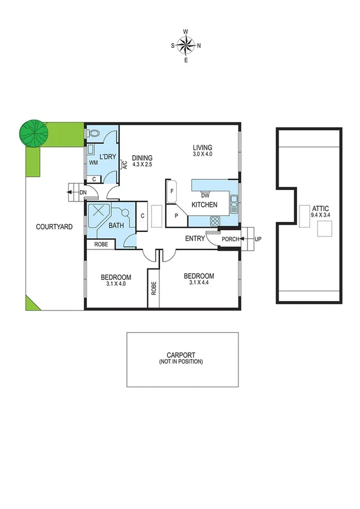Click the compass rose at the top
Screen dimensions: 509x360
[x=186, y=45]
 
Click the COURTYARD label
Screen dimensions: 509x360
[x=55, y=227]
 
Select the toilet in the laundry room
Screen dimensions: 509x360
[x=93, y=134]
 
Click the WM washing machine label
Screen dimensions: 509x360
[x=93, y=162]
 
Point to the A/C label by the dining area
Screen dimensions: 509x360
[x=124, y=164]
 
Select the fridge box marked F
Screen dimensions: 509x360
[x=173, y=191]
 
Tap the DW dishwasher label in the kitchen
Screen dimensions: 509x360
[x=205, y=195]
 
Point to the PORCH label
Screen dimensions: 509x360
[x=230, y=239]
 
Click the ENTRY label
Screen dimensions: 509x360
[x=195, y=239]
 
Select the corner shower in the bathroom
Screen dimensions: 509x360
[x=97, y=213]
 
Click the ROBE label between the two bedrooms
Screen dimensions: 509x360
[x=153, y=288]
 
